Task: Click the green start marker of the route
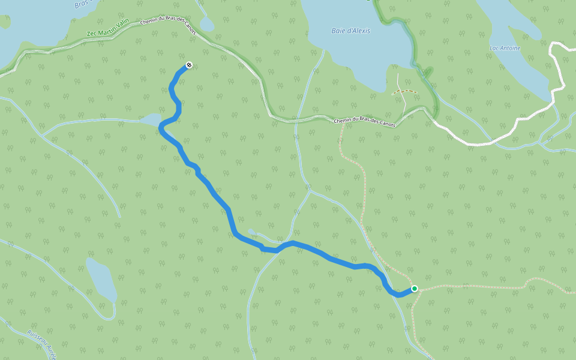pyautogui.click(x=414, y=289)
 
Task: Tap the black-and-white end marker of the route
pyautogui.click(x=189, y=65)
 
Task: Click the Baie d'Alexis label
pyautogui.click(x=351, y=31)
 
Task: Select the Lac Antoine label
pyautogui.click(x=505, y=48)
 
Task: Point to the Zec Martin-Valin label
pyautogui.click(x=108, y=29)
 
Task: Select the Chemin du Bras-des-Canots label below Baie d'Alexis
pyautogui.click(x=364, y=122)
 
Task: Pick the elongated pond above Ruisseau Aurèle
pyautogui.click(x=101, y=279)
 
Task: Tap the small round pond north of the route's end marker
pyautogui.click(x=206, y=24)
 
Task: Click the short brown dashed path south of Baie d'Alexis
pyautogui.click(x=404, y=92)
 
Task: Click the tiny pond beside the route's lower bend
pyautogui.click(x=251, y=232)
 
